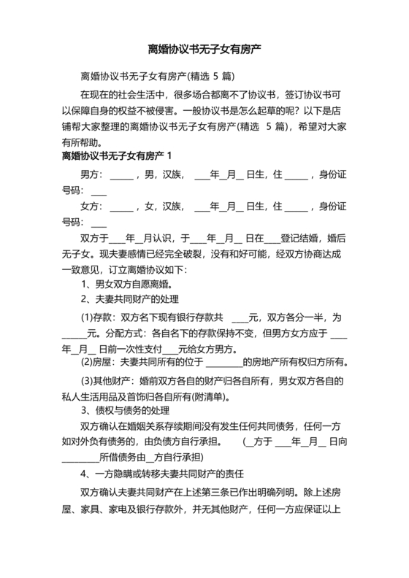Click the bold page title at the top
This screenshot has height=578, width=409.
[204, 50]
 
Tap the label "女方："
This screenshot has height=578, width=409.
[93, 207]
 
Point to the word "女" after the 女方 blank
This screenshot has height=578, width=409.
[148, 207]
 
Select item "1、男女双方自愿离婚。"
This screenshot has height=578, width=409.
[127, 284]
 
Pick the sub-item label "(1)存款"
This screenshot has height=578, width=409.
[98, 318]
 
